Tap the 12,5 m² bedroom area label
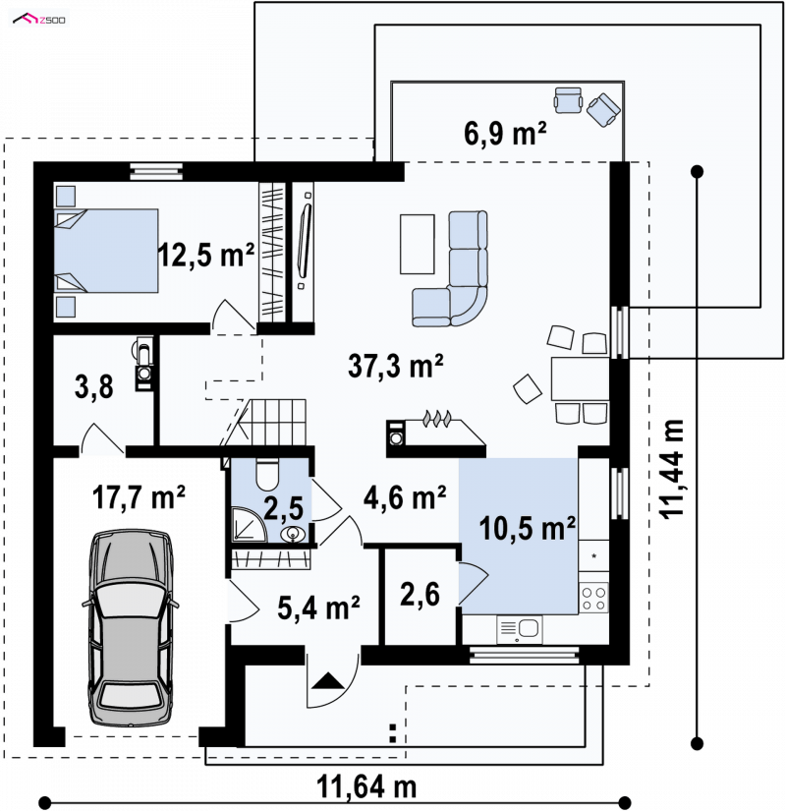(x=205, y=255)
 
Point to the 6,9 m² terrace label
(x=505, y=133)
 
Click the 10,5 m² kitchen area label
(x=527, y=528)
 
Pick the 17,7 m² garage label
(x=139, y=497)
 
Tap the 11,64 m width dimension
(x=366, y=786)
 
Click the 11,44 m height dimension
(x=672, y=469)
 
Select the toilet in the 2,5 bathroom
(x=267, y=474)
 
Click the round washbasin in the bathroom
(x=294, y=535)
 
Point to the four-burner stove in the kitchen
(x=593, y=598)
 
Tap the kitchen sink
(x=519, y=629)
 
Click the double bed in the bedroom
(x=106, y=251)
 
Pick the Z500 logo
(x=39, y=20)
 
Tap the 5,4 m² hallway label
(x=318, y=608)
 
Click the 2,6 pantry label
(x=420, y=594)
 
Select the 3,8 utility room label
(x=94, y=386)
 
